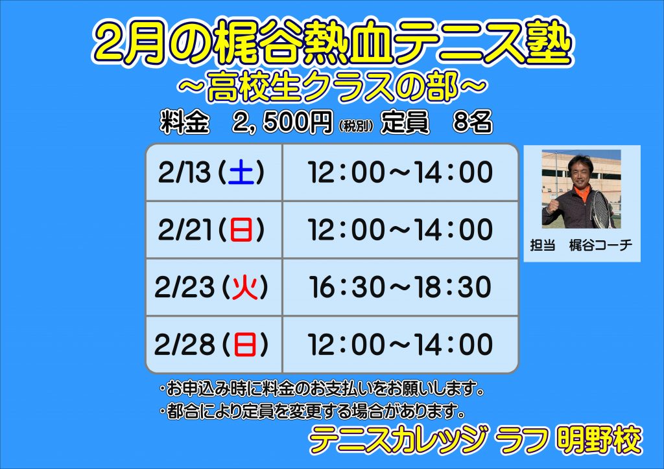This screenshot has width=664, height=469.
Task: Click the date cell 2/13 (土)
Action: tap(214, 172)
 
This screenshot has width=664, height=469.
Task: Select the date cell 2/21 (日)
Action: tap(214, 229)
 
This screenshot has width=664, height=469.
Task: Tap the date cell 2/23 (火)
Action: tap(214, 287)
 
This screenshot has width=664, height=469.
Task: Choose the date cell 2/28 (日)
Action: tap(214, 345)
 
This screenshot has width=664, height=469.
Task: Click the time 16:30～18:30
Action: tap(400, 287)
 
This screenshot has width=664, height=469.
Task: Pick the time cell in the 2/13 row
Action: tap(401, 172)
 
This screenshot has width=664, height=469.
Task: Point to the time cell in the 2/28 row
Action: tap(401, 345)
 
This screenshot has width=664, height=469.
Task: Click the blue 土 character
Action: tap(241, 173)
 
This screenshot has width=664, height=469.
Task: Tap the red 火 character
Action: tap(244, 288)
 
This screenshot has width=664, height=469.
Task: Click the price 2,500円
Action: tap(282, 122)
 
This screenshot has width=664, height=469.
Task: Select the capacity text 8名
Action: tap(472, 122)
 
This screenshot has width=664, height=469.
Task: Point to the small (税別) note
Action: tap(356, 126)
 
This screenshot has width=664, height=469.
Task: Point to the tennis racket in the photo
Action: tap(601, 209)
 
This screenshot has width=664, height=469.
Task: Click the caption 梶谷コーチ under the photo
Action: tap(600, 245)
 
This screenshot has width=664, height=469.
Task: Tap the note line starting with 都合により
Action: tap(313, 411)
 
